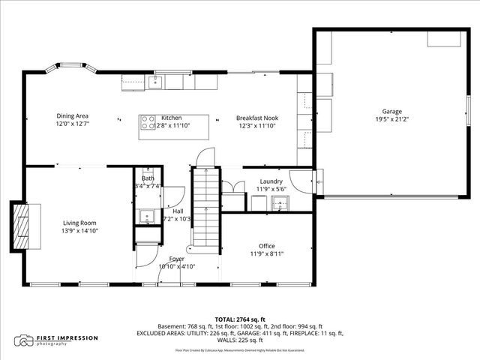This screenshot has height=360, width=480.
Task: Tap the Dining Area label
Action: [73, 115]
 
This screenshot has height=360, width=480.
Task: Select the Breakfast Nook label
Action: [257, 118]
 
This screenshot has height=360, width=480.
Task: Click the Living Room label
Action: [80, 222]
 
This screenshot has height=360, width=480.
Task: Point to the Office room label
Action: [266, 246]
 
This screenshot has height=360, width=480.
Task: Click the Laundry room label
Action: [271, 181]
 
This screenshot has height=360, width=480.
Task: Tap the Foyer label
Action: [176, 259]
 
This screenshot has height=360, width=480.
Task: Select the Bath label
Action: [148, 178]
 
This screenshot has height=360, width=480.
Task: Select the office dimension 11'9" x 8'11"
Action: [266, 253]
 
